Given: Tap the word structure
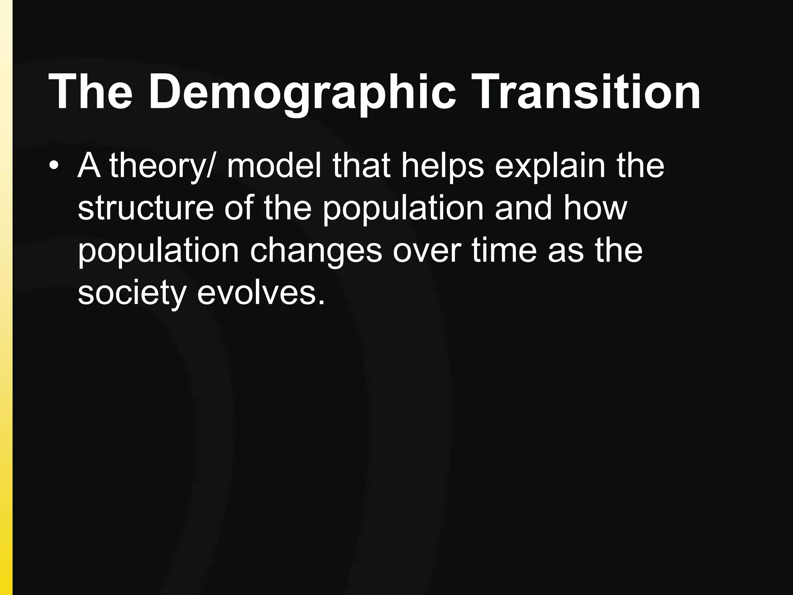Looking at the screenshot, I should click(146, 208).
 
